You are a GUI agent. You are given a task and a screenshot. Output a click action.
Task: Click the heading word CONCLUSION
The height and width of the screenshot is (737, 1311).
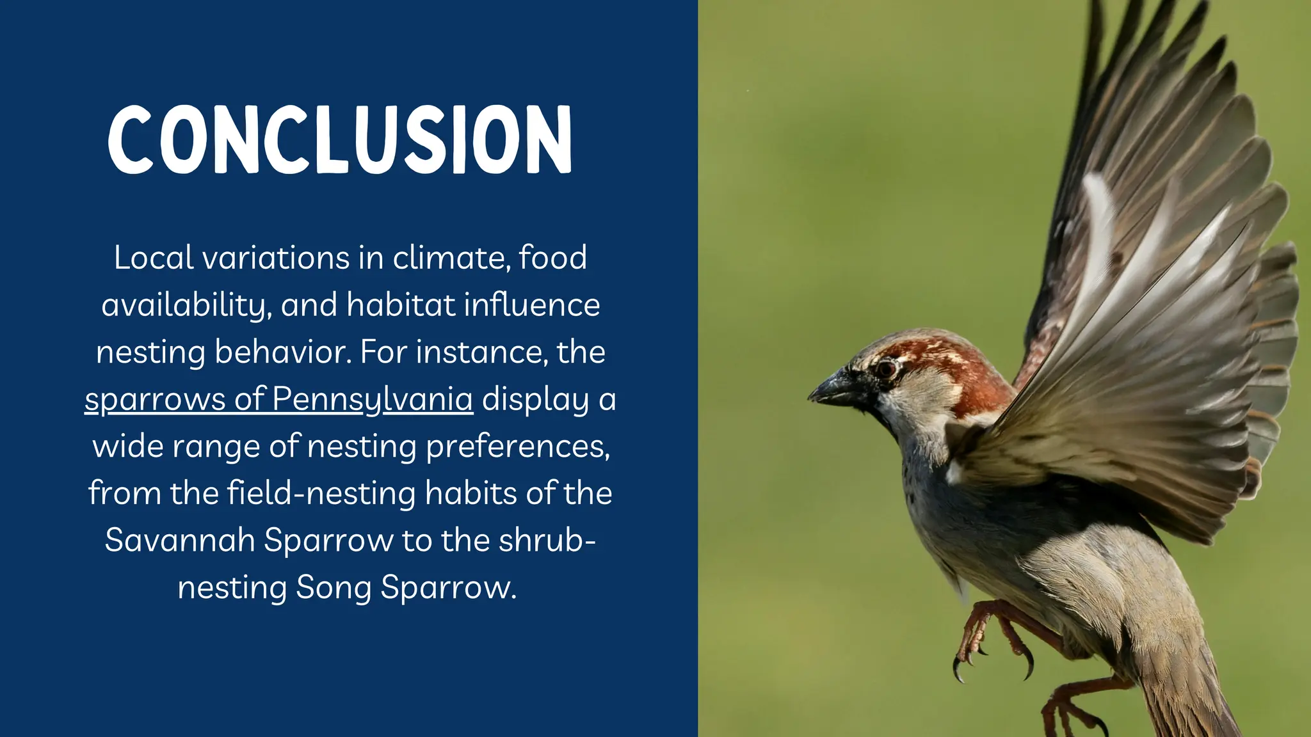point(339,139)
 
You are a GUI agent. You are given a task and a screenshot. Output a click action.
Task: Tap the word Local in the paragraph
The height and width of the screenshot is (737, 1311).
point(154,258)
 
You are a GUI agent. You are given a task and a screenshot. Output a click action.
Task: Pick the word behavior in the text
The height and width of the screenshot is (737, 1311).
point(282,352)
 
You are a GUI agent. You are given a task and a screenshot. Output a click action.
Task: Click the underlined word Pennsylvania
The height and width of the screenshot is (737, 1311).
point(372,399)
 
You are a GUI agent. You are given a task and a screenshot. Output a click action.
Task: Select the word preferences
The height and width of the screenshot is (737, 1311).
point(518,447)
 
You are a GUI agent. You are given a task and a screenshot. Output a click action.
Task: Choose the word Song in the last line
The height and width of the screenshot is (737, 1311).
point(333,587)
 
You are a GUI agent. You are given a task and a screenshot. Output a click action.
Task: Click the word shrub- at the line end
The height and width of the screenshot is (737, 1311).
point(547,540)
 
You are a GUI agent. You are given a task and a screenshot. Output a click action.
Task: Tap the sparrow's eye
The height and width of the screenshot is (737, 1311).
point(887,368)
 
